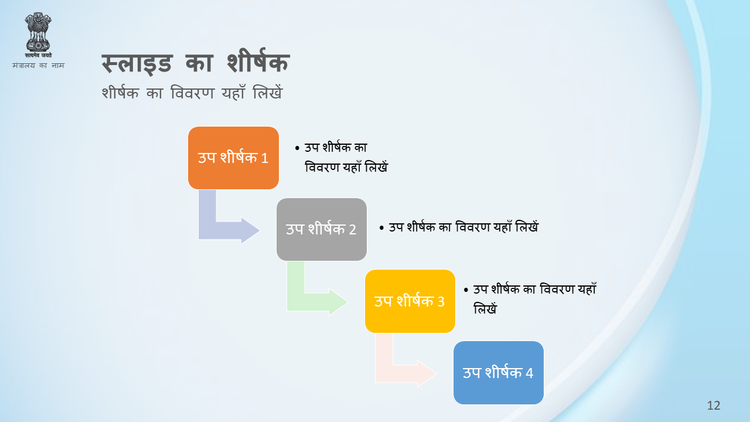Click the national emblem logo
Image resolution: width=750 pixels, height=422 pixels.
(x=38, y=35)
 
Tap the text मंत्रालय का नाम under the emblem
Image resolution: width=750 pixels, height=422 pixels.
(x=38, y=65)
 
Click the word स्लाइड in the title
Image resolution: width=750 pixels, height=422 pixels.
(x=137, y=64)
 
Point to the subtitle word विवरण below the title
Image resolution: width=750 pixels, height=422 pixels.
(x=192, y=93)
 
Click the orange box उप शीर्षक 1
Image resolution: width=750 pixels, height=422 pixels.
(x=233, y=158)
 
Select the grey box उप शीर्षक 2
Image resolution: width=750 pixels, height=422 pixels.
(x=322, y=229)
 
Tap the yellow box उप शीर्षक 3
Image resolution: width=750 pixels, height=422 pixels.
(x=410, y=301)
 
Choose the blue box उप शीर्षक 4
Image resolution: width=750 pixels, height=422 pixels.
(x=498, y=373)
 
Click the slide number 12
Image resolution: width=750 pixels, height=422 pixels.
(x=714, y=406)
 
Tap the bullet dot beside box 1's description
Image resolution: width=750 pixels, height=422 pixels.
(x=297, y=148)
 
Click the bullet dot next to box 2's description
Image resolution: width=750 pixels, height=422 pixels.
(x=381, y=228)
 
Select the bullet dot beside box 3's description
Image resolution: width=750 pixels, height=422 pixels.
(x=466, y=290)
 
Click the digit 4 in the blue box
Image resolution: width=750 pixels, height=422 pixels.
(x=529, y=373)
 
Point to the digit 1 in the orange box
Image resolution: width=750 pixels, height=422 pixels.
(x=264, y=158)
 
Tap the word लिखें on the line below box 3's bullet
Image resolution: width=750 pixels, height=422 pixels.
(x=485, y=308)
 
